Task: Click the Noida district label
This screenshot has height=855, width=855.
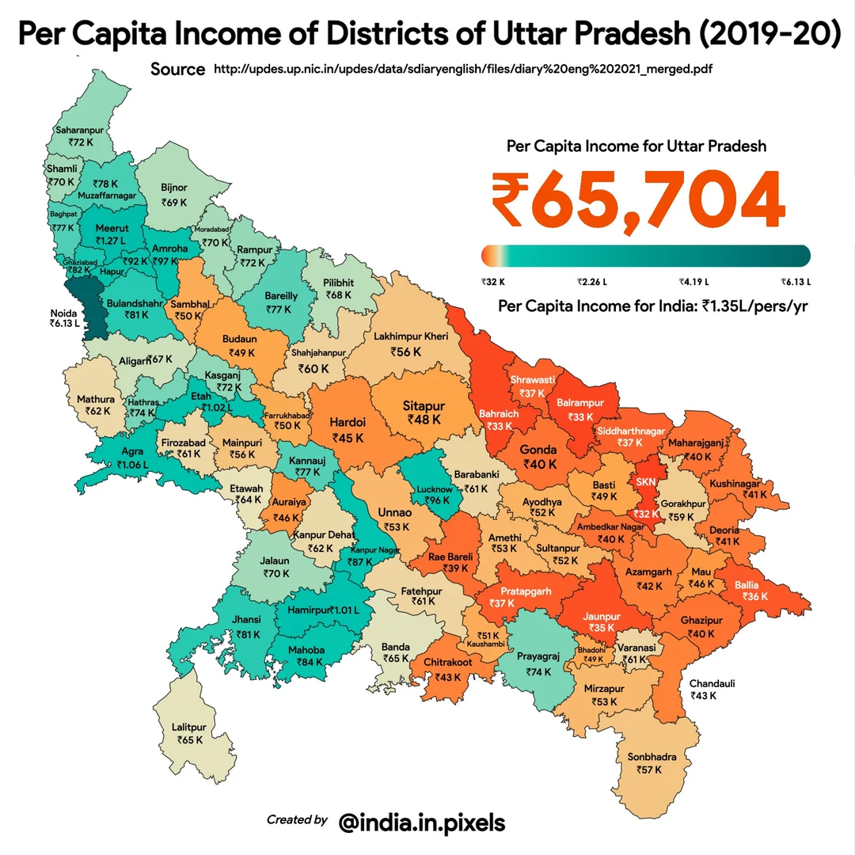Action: (x=63, y=312)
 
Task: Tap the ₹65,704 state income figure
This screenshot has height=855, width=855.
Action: (x=638, y=200)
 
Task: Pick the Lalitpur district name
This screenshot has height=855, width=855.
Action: (x=189, y=727)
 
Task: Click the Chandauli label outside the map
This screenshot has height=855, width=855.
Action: (x=712, y=683)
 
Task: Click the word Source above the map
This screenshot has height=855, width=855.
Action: (x=177, y=69)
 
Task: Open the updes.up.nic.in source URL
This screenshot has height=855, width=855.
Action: (x=463, y=70)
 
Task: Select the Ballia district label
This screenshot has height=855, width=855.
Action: (x=747, y=585)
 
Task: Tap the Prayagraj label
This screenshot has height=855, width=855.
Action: (x=538, y=656)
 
